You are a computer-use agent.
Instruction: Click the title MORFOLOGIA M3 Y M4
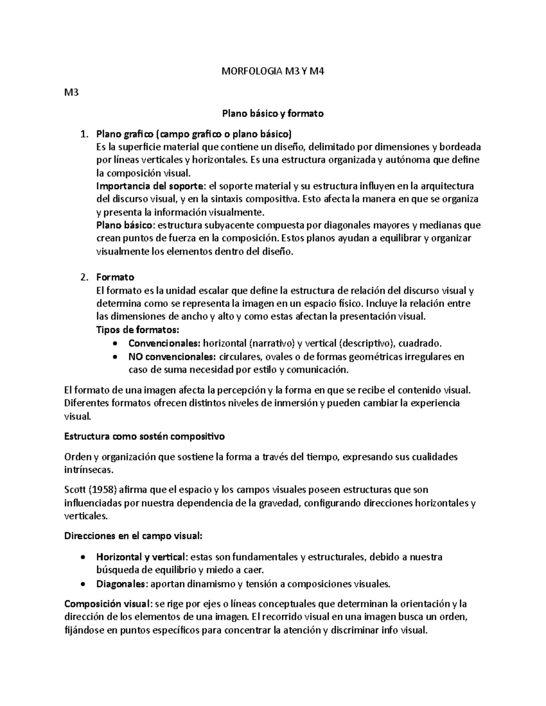click(x=273, y=71)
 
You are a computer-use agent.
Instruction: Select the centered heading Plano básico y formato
click(x=273, y=114)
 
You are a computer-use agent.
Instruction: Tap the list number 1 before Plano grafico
click(x=82, y=134)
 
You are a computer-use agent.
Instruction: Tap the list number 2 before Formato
click(x=82, y=277)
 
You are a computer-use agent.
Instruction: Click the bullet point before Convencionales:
click(x=117, y=344)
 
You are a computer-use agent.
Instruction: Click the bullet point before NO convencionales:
click(x=117, y=357)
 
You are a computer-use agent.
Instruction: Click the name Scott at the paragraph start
click(x=75, y=490)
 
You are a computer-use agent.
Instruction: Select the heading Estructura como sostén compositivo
click(x=145, y=437)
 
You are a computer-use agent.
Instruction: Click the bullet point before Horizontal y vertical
click(x=82, y=557)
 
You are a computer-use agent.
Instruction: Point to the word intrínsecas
click(x=87, y=470)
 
